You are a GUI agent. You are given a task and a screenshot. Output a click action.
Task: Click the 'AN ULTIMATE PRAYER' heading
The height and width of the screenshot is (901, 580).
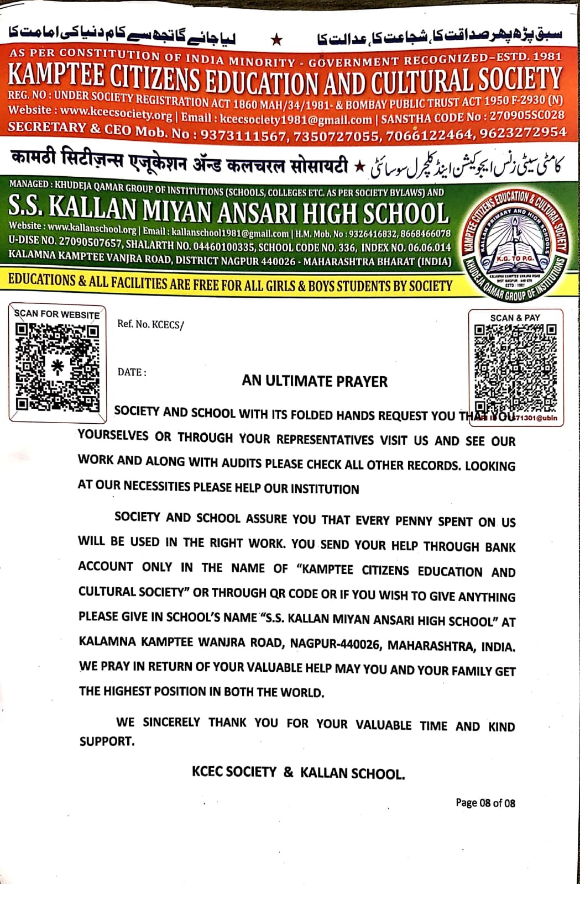pos(315,381)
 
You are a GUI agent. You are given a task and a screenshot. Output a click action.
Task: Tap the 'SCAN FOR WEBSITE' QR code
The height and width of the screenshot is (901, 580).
pos(58,366)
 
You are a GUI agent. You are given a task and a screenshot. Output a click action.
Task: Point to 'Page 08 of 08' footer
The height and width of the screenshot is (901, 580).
pos(485,803)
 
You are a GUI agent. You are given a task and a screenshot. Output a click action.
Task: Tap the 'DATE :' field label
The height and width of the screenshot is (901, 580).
pos(132,372)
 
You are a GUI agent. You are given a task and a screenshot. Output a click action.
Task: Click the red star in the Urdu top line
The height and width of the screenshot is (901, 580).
pos(278,40)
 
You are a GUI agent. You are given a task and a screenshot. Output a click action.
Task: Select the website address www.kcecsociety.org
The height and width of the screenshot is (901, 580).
pos(116,113)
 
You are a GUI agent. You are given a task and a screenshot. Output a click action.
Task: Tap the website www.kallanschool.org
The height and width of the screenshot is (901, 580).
pos(92,228)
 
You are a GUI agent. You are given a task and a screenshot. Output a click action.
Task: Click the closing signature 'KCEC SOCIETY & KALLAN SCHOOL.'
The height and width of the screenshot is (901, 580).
pos(298,772)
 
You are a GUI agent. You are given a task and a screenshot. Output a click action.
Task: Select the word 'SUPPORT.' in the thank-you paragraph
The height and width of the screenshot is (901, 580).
pos(107,741)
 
